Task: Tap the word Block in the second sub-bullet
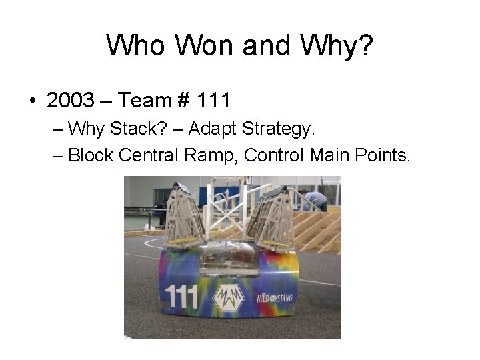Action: [91, 155]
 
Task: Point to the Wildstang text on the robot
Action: [275, 296]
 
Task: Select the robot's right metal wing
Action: [273, 217]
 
